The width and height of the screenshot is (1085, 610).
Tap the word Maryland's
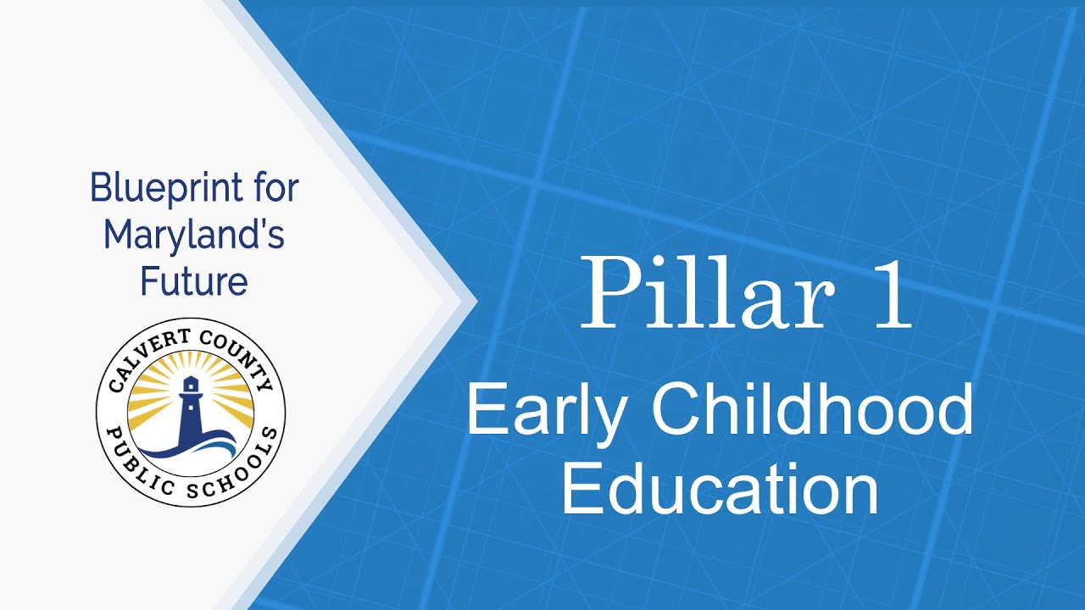(x=194, y=235)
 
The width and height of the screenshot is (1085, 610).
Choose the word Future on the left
(x=194, y=280)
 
